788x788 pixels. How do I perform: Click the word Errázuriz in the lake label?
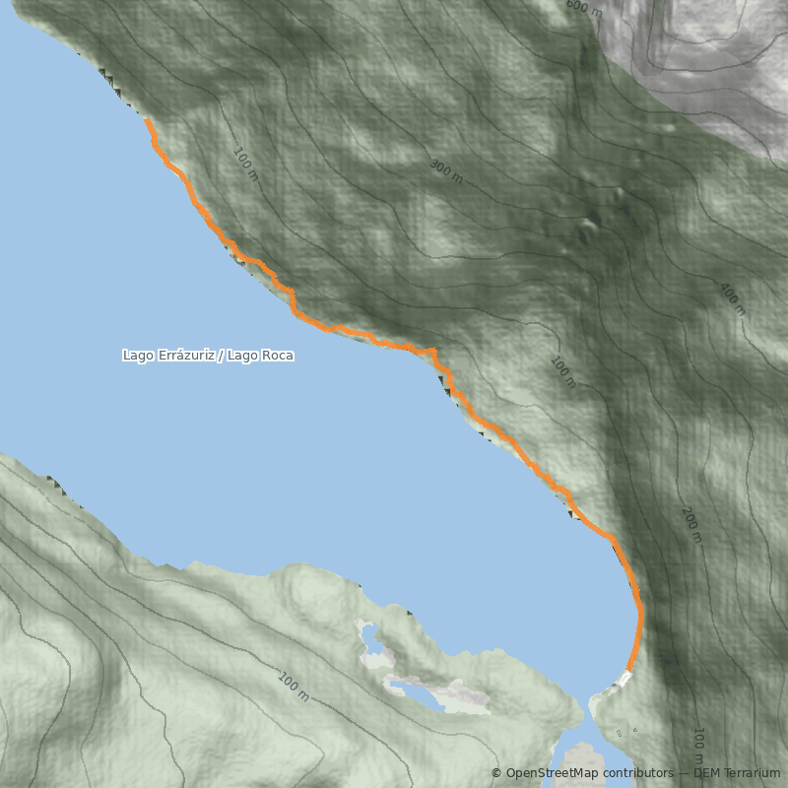pyautogui.click(x=187, y=355)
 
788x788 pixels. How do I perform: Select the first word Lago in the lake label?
pyautogui.click(x=138, y=355)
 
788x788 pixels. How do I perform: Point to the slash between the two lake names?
pyautogui.click(x=221, y=355)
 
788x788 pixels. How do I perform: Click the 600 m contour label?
pyautogui.click(x=584, y=9)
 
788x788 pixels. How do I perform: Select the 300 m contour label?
pyautogui.click(x=446, y=170)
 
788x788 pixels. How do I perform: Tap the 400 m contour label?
pyautogui.click(x=732, y=299)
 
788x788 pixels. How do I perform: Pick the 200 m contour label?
pyautogui.click(x=691, y=525)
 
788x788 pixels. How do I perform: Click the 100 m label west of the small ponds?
pyautogui.click(x=294, y=687)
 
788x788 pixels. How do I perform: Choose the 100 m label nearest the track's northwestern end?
pyautogui.click(x=245, y=164)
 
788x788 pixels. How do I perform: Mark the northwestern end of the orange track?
pyautogui.click(x=147, y=120)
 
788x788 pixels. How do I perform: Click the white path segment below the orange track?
pyautogui.click(x=624, y=679)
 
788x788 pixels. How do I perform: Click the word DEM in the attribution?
pyautogui.click(x=706, y=773)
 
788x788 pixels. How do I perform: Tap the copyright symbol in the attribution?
pyautogui.click(x=495, y=773)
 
